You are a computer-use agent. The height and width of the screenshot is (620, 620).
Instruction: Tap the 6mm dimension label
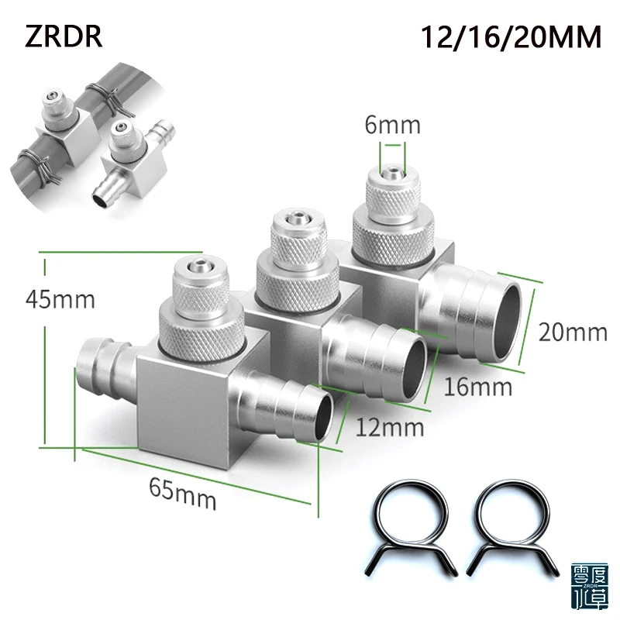393,125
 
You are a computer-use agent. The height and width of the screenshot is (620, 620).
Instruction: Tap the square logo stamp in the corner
591,588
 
